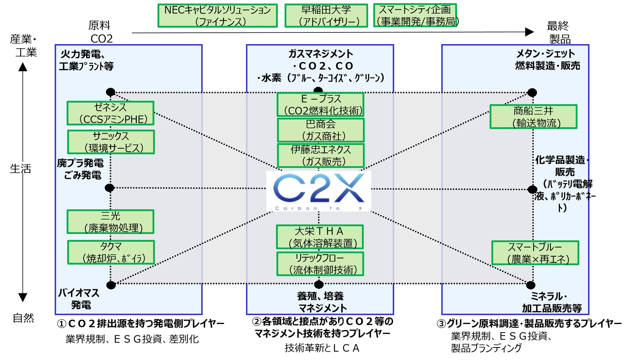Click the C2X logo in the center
point(318,191)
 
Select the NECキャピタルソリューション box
point(217,16)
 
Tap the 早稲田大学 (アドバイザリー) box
point(326,16)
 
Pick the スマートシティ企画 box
point(415,15)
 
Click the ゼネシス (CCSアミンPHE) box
point(111,113)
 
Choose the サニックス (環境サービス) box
point(111,142)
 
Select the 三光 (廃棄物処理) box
point(111,222)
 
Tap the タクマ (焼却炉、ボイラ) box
point(111,252)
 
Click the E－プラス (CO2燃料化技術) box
point(321,104)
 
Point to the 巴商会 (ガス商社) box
point(321,130)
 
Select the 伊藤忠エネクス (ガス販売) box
point(321,156)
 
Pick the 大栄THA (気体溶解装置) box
point(320,237)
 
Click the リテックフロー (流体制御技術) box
point(320,264)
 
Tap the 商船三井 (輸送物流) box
point(533,117)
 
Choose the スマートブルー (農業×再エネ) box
point(535,253)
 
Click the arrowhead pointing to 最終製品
point(529,32)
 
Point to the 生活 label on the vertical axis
point(20,168)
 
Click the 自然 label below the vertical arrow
point(23,318)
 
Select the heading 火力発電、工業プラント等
point(86,60)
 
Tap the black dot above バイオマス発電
point(111,285)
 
